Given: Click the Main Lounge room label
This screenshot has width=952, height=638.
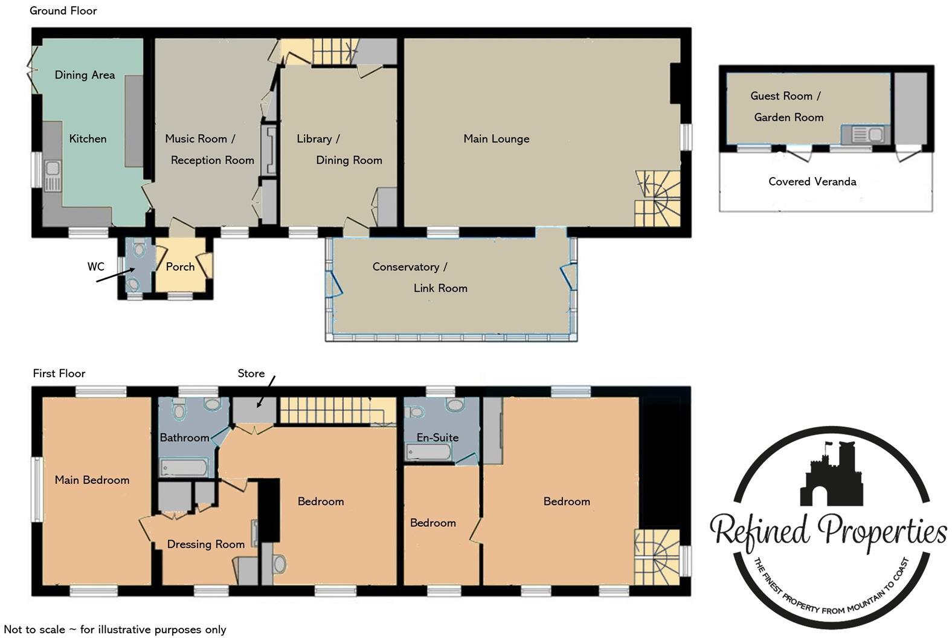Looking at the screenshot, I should (x=496, y=139).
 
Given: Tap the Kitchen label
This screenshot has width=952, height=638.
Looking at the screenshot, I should (x=88, y=139).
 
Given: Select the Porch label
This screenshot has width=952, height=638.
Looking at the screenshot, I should (x=180, y=266).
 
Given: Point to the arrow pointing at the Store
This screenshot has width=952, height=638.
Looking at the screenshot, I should (x=266, y=391).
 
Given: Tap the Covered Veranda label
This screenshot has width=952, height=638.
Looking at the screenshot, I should (x=812, y=181).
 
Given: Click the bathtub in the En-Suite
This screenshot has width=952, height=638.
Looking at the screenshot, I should (x=428, y=452).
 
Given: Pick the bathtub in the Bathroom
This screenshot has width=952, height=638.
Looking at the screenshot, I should (x=184, y=468).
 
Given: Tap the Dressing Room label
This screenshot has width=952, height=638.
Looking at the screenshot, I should (x=205, y=544).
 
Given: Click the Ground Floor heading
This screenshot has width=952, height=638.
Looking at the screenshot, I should (x=63, y=10).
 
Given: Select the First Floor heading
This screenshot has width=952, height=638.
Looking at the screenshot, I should (x=59, y=373).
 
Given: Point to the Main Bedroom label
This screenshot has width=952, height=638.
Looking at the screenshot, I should (x=92, y=480).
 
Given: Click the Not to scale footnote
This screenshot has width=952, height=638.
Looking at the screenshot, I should (x=115, y=630).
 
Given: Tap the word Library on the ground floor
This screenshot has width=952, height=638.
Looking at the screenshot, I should (x=314, y=139).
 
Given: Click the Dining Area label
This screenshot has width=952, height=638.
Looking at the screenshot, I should (x=85, y=75).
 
